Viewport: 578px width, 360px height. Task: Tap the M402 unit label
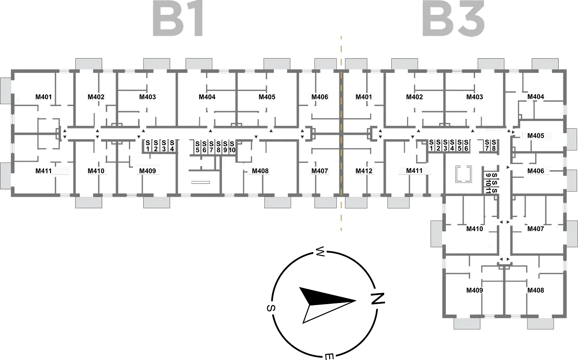pyautogui.click(x=96, y=97)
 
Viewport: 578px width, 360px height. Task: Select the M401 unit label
pyautogui.click(x=364, y=97)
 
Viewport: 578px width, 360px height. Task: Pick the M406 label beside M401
pyautogui.click(x=320, y=97)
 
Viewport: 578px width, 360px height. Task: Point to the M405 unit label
pyautogui.click(x=536, y=136)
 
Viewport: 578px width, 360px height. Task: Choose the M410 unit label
pyautogui.click(x=96, y=171)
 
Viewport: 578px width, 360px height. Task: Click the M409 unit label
pyautogui.click(x=147, y=171)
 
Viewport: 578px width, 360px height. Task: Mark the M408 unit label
pyautogui.click(x=260, y=171)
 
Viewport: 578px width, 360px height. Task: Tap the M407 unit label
pyautogui.click(x=320, y=171)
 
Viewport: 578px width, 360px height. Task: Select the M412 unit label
pyautogui.click(x=364, y=171)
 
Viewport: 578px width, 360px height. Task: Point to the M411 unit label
pyautogui.click(x=414, y=171)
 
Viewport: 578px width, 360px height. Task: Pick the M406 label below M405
pyautogui.click(x=537, y=171)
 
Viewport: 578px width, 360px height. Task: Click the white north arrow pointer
pyautogui.click(x=325, y=312)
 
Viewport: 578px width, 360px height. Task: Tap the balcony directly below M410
pyautogui.click(x=89, y=202)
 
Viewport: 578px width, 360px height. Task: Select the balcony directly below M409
pyautogui.click(x=156, y=202)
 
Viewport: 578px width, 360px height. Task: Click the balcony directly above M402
pyautogui.click(x=89, y=64)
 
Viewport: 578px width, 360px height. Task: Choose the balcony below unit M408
pyautogui.click(x=278, y=202)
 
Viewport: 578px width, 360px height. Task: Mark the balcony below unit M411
pyautogui.click(x=399, y=202)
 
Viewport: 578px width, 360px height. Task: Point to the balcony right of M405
pyautogui.click(x=572, y=139)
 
